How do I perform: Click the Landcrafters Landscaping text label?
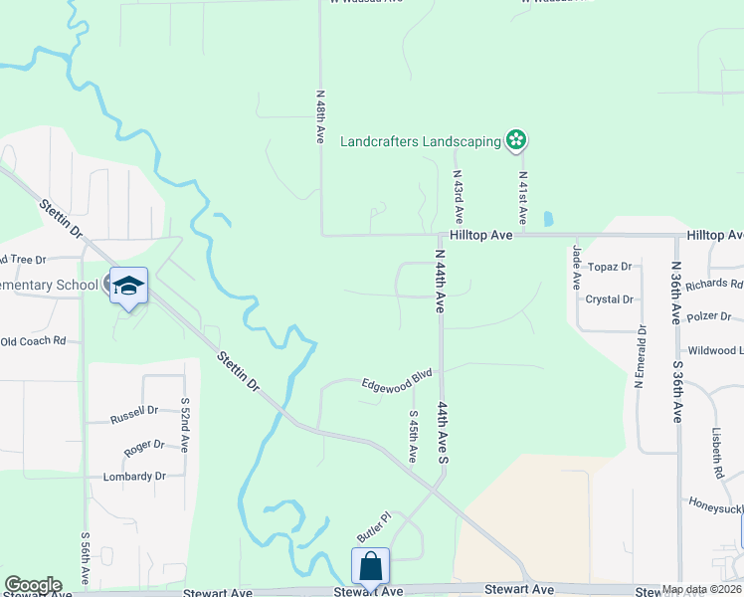tap(421, 141)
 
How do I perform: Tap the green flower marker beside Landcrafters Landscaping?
tap(516, 140)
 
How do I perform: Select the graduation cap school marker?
tap(128, 287)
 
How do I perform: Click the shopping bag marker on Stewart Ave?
tap(370, 567)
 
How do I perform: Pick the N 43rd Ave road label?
tap(459, 195)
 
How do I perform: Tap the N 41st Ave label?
tap(522, 195)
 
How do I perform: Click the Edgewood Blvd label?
tap(397, 381)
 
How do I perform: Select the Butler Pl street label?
tap(373, 527)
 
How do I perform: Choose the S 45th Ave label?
tap(414, 436)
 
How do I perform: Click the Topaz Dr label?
tap(610, 267)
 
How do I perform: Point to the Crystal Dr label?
tap(610, 299)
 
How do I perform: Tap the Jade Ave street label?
tap(576, 268)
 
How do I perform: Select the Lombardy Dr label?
tap(134, 477)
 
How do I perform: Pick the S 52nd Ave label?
tap(185, 423)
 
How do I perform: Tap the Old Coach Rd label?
tap(33, 341)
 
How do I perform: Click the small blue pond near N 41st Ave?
tap(548, 218)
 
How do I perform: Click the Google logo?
tap(33, 584)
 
